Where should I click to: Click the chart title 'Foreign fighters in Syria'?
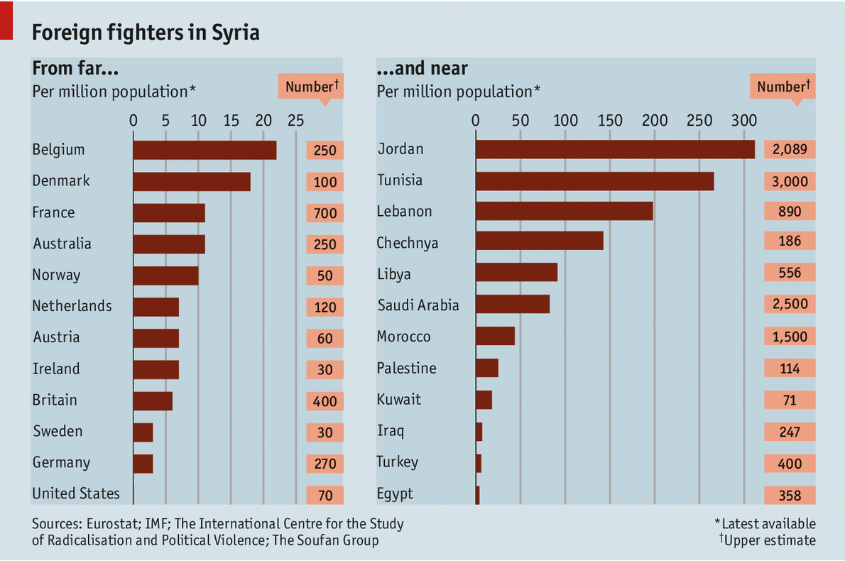tap(146, 32)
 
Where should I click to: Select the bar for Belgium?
tap(205, 150)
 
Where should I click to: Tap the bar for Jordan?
tap(615, 149)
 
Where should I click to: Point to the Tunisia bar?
tap(594, 180)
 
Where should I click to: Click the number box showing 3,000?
tap(790, 181)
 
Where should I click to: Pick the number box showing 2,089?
tap(790, 149)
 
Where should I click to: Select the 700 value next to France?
tap(325, 213)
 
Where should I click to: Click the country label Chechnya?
tap(408, 243)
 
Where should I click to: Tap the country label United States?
tap(76, 494)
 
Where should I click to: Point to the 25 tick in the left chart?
tap(295, 120)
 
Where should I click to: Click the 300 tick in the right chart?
tap(743, 120)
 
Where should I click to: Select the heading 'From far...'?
tap(75, 68)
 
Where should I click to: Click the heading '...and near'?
tap(422, 68)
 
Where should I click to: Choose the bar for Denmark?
tap(192, 181)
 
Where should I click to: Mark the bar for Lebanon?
tap(564, 212)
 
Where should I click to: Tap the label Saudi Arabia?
tap(418, 305)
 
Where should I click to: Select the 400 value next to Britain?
tap(325, 401)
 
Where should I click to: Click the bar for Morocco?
tap(495, 337)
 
